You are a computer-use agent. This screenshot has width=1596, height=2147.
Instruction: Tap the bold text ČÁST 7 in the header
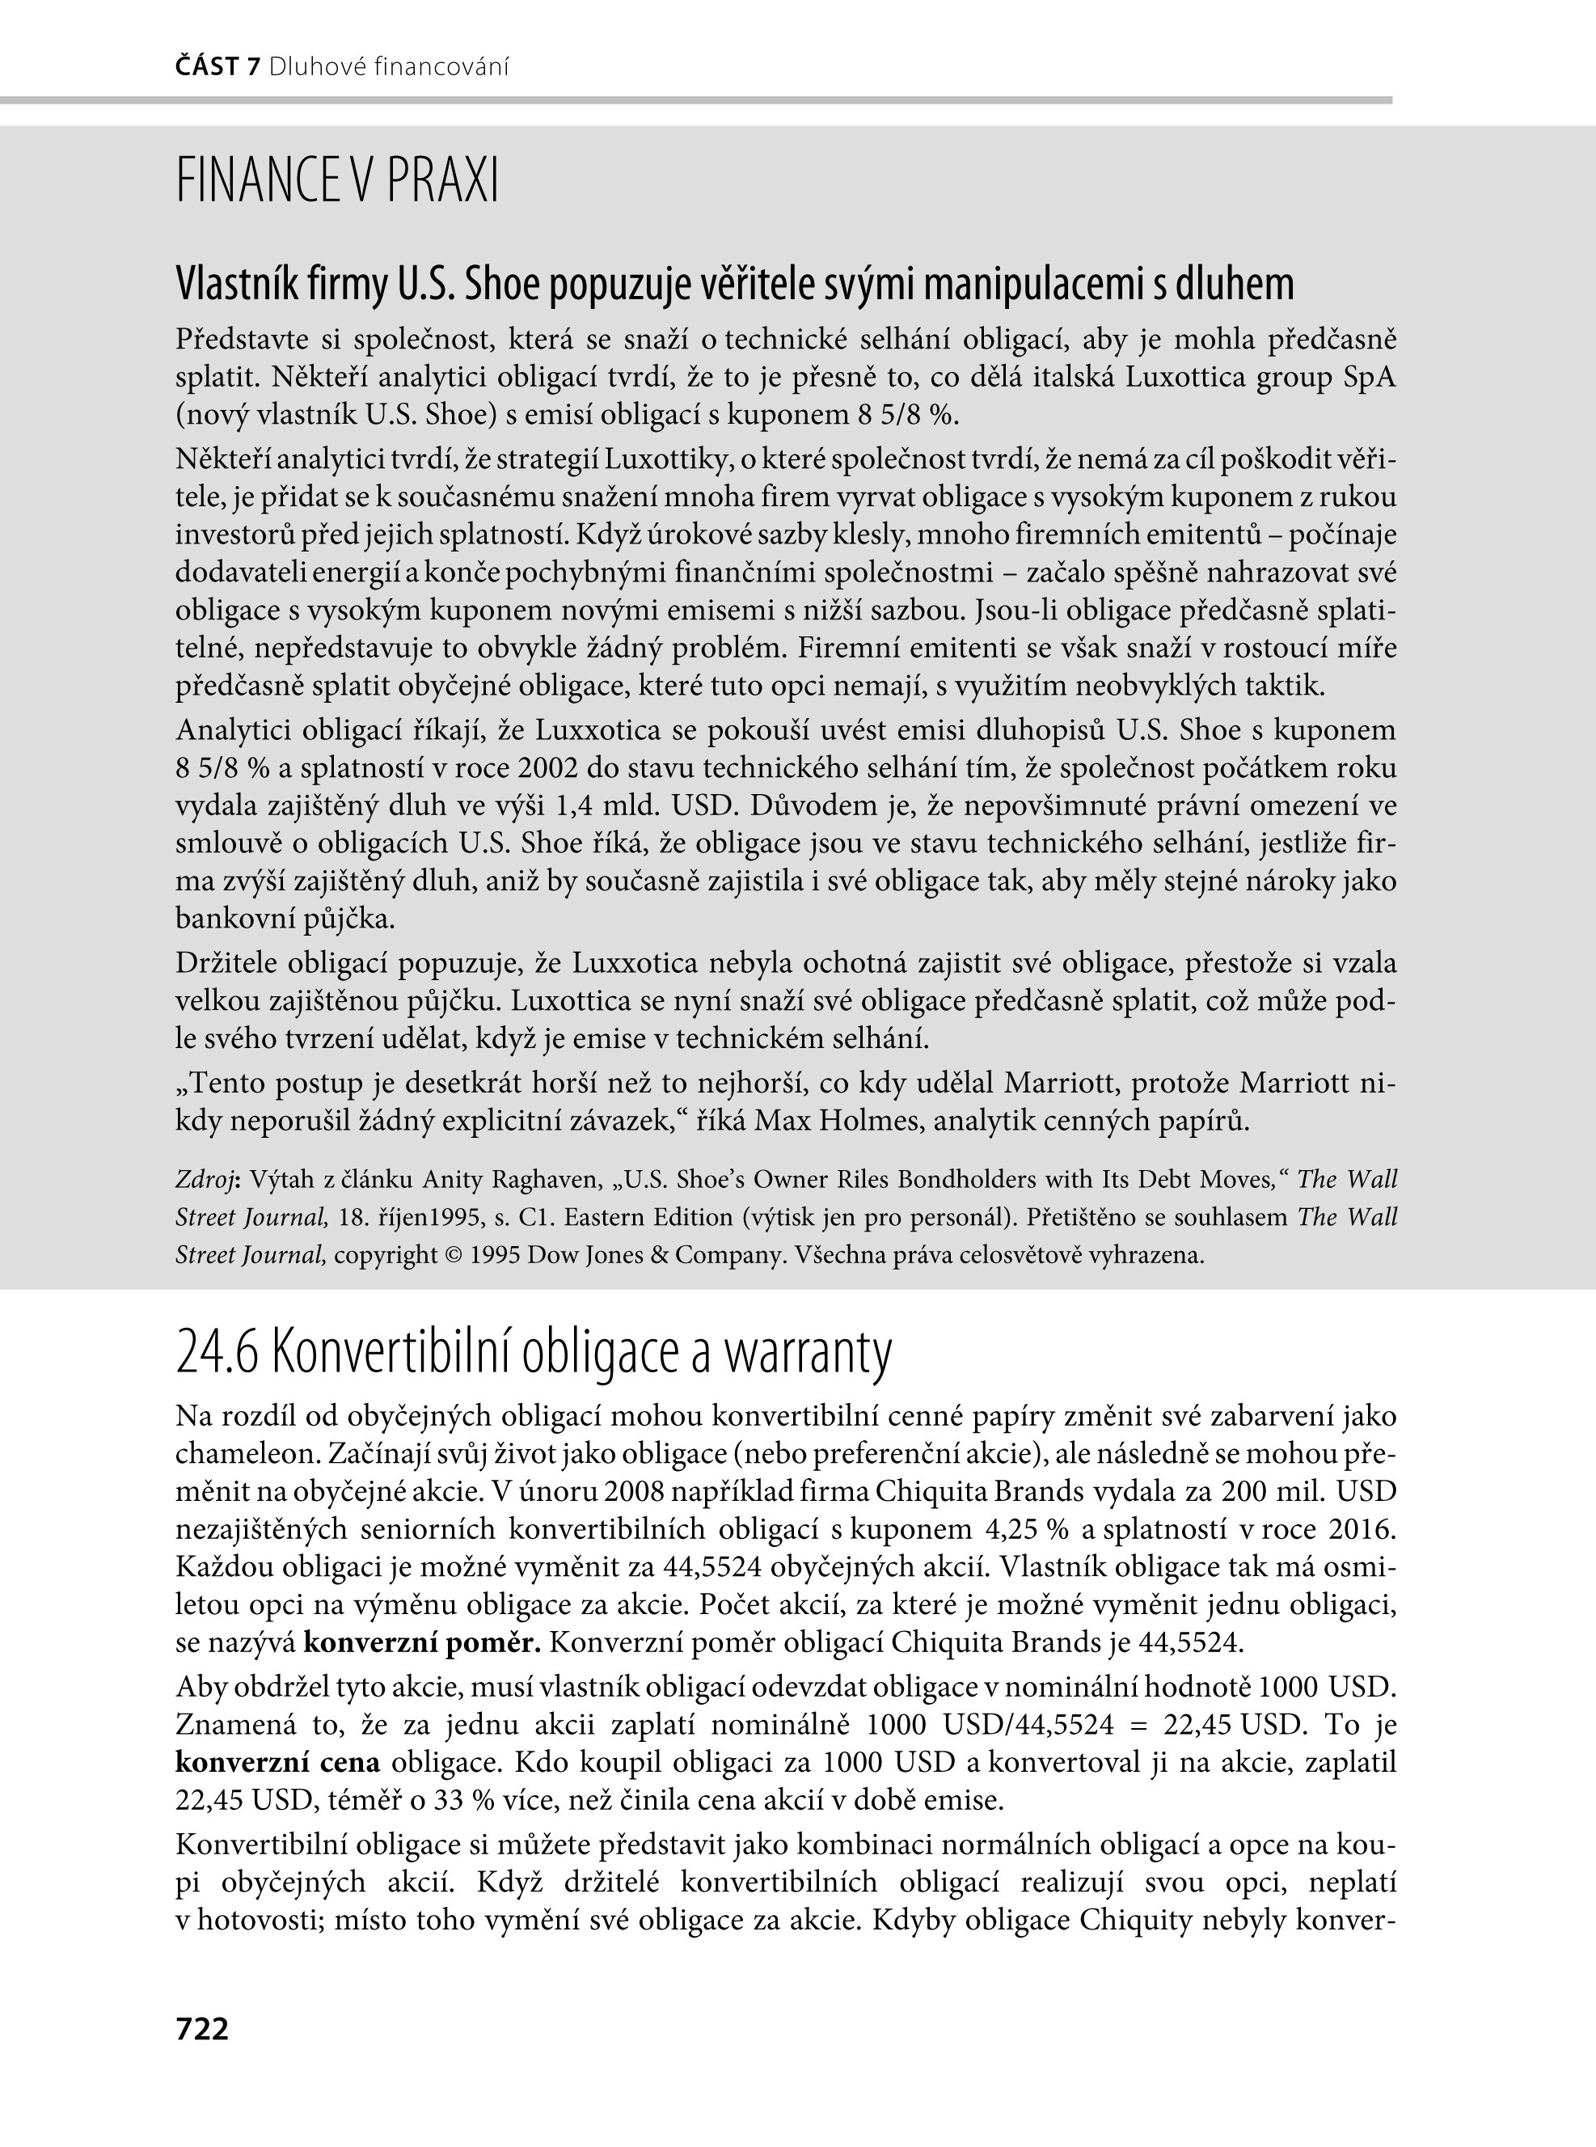[218, 66]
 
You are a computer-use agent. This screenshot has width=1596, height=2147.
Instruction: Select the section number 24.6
[217, 1354]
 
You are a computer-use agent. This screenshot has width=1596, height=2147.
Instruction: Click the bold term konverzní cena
[278, 1761]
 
